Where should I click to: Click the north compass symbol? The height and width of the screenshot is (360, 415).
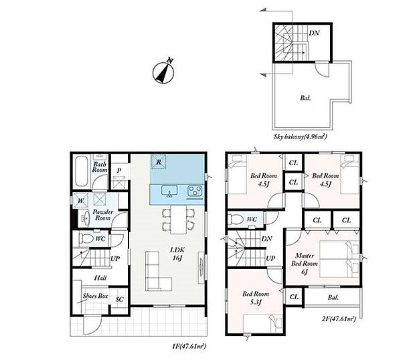pos(163,72)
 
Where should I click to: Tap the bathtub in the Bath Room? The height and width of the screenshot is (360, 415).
pos(81,171)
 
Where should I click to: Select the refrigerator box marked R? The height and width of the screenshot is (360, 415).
pos(159,161)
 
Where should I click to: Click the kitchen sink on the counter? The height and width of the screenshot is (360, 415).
pos(169,191)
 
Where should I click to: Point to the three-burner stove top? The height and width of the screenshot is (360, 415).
pos(195,191)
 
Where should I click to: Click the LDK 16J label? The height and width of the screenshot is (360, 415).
pos(177,254)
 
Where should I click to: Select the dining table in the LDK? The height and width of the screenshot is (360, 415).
pos(179,219)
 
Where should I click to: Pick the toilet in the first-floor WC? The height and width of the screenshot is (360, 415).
pos(86,239)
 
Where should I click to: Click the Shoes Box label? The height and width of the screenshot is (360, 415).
pos(96,296)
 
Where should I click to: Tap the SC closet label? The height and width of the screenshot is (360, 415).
pos(120,299)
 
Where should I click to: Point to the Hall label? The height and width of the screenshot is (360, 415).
pos(100,278)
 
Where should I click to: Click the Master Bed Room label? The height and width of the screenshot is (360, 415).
pos(305,264)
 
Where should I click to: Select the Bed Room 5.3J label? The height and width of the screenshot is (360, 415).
pos(256,298)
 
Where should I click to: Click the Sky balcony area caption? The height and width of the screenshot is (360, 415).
pos(301,137)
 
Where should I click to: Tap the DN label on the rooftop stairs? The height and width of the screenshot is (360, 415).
pos(314,33)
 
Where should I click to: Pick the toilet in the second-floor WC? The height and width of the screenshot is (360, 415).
pos(236,219)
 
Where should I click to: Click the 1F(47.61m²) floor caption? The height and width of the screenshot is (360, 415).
pos(189,346)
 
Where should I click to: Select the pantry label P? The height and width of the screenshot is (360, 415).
pos(119,171)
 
